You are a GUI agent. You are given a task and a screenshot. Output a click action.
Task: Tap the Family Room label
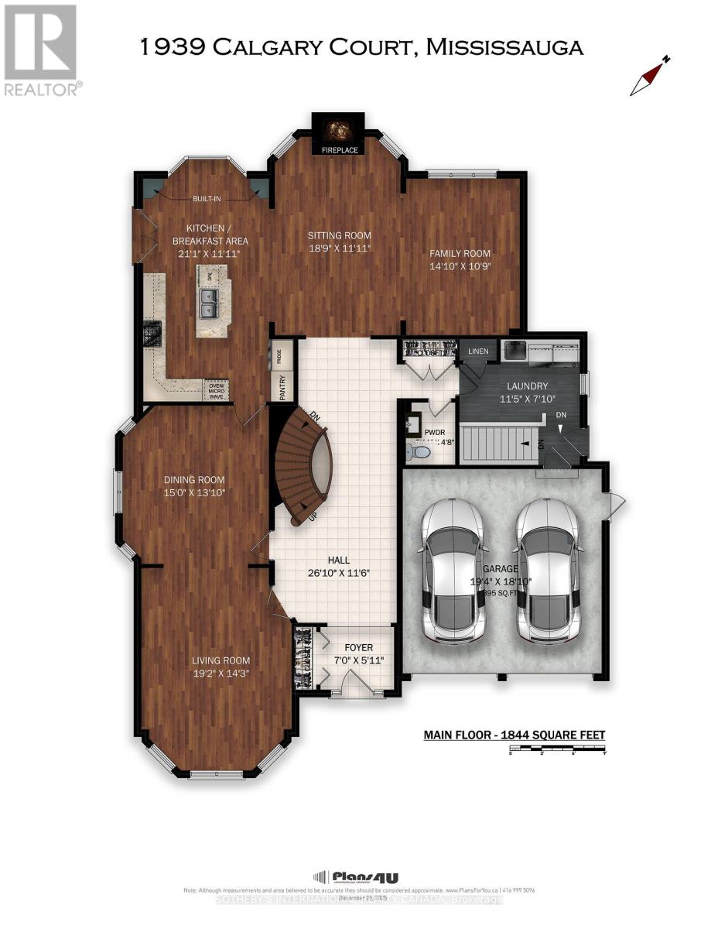click(461, 253)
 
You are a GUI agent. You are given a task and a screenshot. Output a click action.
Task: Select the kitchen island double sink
click(207, 303)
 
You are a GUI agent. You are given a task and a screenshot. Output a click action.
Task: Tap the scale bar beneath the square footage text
click(557, 749)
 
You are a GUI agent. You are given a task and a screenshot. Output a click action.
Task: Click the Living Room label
click(221, 660)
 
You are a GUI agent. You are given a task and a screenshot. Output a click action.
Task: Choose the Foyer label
click(358, 647)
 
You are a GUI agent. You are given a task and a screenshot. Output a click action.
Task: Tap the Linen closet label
click(478, 351)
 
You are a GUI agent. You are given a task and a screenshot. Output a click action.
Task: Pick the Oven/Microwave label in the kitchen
click(216, 389)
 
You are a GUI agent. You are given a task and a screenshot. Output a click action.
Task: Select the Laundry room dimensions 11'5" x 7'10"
click(527, 399)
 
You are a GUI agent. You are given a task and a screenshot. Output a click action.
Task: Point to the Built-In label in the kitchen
click(207, 199)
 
